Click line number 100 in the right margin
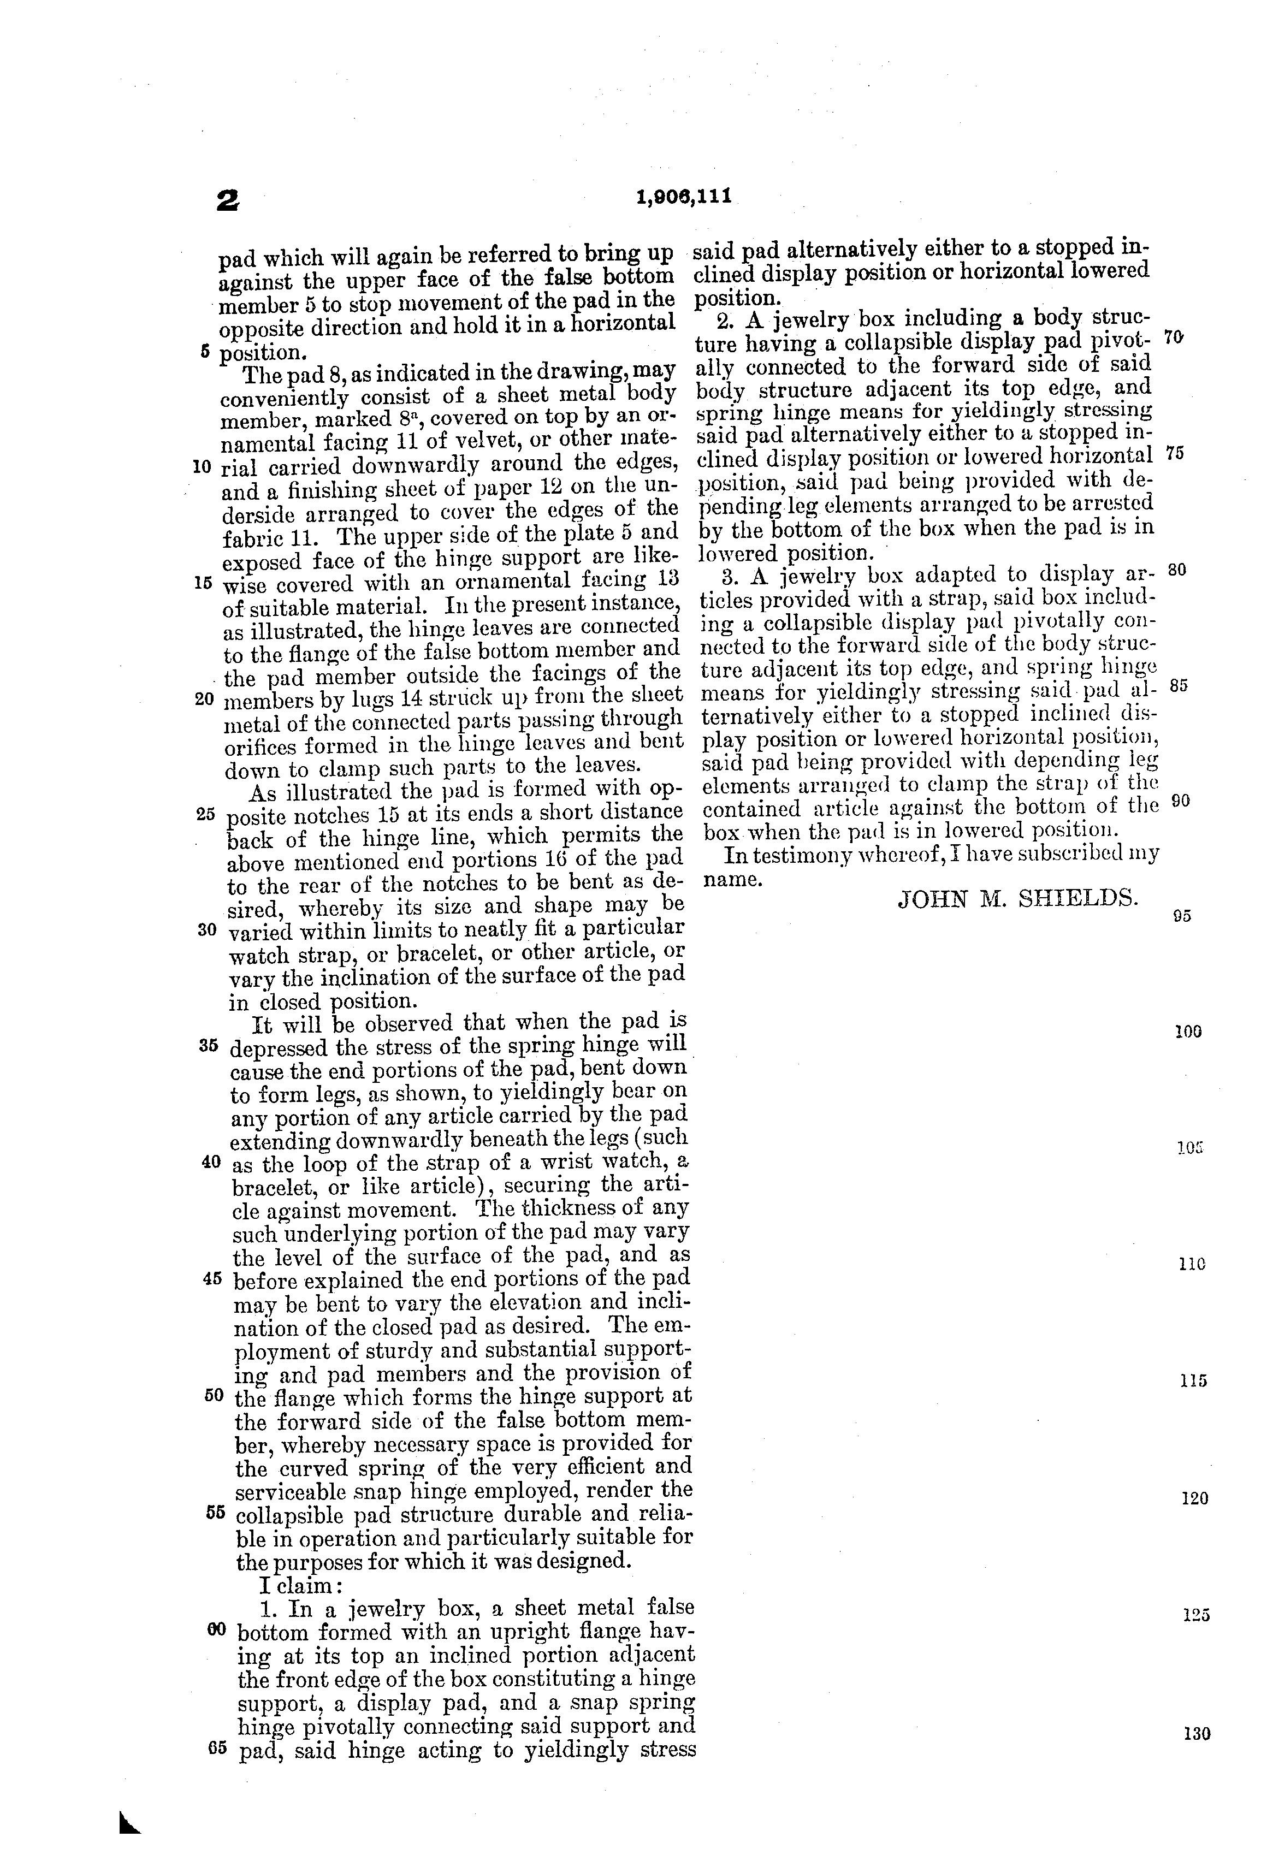pos(1188,1032)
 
